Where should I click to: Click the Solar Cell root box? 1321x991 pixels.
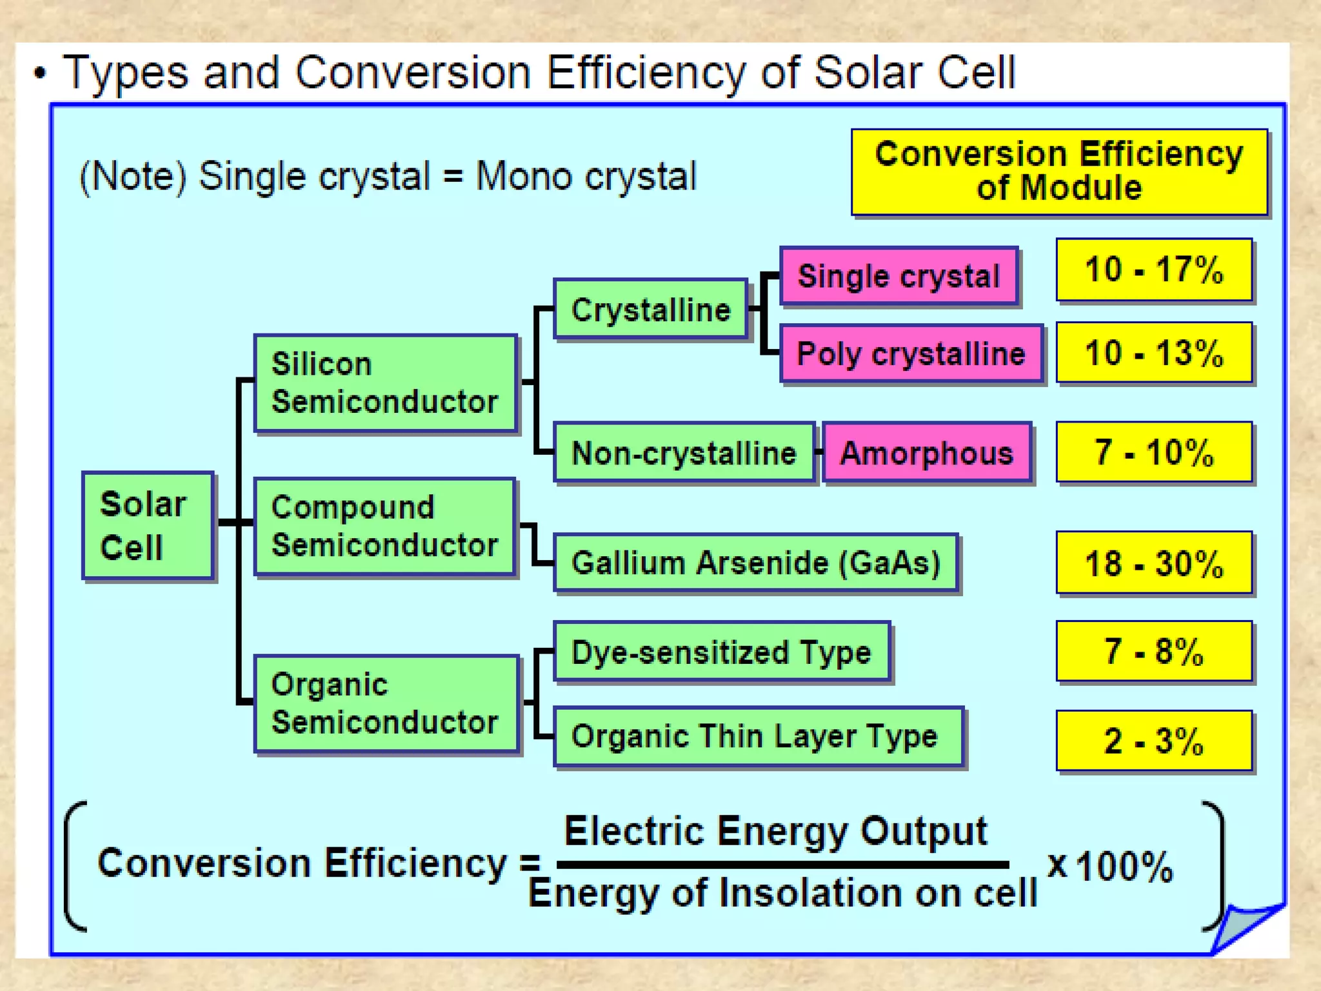coord(148,525)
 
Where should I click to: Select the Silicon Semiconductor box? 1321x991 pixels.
coord(386,383)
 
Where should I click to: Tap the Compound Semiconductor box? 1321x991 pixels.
coord(385,526)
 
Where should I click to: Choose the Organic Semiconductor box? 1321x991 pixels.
coord(386,703)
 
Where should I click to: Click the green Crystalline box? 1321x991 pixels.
coord(650,310)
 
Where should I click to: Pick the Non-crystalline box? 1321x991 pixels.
coord(684,452)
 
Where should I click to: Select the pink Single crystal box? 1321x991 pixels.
coord(899,276)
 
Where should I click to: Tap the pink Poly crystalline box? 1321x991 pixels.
coord(911,354)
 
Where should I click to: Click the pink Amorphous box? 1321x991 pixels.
coord(927,452)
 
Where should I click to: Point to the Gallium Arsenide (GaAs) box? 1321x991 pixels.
coord(756,563)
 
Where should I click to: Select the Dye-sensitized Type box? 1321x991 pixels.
coord(722,652)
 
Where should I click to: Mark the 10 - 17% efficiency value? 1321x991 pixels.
coord(1154,270)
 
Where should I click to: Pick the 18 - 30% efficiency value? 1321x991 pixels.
coord(1154,563)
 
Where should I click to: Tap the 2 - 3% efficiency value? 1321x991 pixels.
coord(1154,741)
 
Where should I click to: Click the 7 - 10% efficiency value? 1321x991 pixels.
coord(1154,452)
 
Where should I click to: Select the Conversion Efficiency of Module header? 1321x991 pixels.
coord(1059,172)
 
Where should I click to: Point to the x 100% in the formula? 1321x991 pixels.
coord(1109,866)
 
